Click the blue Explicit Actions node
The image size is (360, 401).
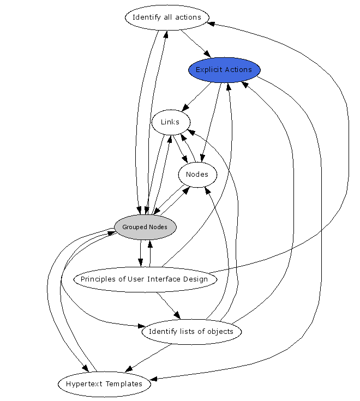[224, 70]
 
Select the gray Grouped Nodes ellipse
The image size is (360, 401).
[145, 227]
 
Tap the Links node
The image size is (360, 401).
[170, 122]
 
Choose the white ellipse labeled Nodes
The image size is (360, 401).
[197, 175]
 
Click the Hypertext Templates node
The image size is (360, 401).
[104, 384]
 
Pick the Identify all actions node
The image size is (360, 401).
[167, 17]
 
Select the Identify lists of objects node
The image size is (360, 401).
[191, 332]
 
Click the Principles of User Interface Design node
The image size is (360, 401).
[145, 279]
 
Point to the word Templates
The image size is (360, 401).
[123, 384]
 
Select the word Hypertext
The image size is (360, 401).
[84, 384]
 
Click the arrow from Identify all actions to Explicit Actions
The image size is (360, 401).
[196, 44]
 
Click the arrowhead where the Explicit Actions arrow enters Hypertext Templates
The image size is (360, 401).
[154, 378]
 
